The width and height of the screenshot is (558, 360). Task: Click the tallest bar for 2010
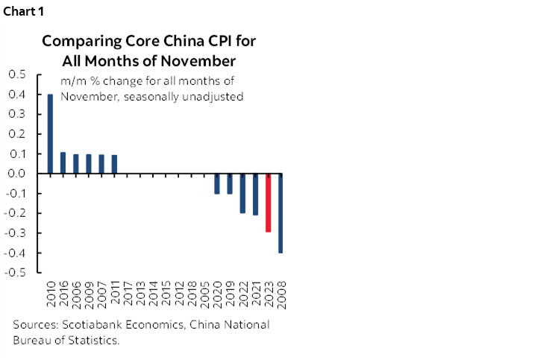[x=50, y=134]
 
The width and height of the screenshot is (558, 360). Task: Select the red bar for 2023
[x=268, y=203]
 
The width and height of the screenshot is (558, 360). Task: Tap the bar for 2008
[x=281, y=213]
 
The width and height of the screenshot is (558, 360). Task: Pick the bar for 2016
[x=63, y=163]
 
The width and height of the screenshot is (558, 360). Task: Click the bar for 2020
[x=217, y=183]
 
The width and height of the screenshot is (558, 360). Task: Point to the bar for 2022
[x=242, y=193]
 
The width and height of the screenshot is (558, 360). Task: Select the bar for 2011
[x=114, y=164]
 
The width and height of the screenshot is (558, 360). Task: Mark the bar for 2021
[x=255, y=194]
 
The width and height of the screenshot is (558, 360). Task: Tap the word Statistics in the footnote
[x=95, y=340]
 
